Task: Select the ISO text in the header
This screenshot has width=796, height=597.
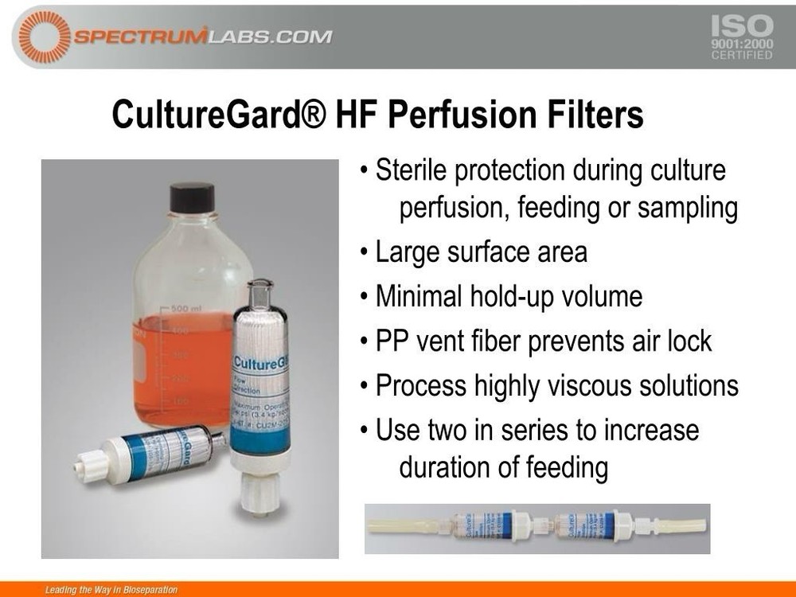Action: click(741, 25)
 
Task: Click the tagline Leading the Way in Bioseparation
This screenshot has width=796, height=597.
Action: click(112, 590)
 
